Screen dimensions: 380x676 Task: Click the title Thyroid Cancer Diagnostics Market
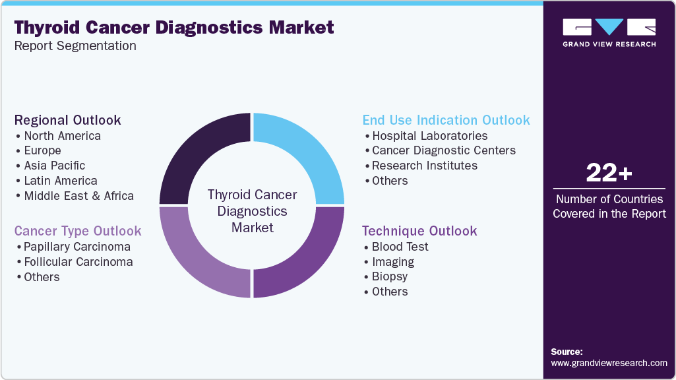pyautogui.click(x=174, y=28)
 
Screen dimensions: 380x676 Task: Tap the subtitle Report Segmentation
pyautogui.click(x=75, y=46)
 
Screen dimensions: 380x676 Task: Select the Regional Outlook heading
pyautogui.click(x=68, y=120)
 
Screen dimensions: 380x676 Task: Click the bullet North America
pyautogui.click(x=62, y=136)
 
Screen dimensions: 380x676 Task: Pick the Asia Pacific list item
pyautogui.click(x=54, y=166)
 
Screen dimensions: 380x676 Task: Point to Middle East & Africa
pyautogui.click(x=78, y=196)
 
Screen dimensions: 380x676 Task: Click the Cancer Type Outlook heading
pyautogui.click(x=78, y=231)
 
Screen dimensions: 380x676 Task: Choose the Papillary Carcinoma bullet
pyautogui.click(x=77, y=247)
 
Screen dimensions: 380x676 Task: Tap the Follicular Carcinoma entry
pyautogui.click(x=78, y=262)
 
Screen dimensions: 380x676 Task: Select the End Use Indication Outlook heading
pyautogui.click(x=446, y=120)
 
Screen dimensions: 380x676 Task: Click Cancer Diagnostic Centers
pyautogui.click(x=443, y=150)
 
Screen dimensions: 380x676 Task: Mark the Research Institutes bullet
pyautogui.click(x=424, y=166)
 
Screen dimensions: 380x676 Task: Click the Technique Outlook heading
pyautogui.click(x=419, y=231)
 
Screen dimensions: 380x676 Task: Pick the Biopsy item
pyautogui.click(x=389, y=276)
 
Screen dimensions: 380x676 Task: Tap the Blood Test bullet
pyautogui.click(x=400, y=247)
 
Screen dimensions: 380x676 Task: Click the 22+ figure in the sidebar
pyautogui.click(x=609, y=174)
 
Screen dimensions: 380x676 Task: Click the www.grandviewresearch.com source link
pyautogui.click(x=609, y=363)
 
